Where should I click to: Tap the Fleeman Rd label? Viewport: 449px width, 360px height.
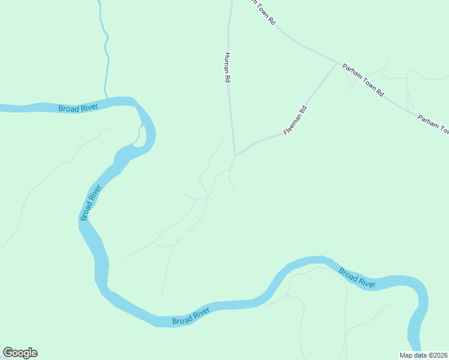coord(295,119)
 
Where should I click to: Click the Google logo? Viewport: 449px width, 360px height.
coord(20,353)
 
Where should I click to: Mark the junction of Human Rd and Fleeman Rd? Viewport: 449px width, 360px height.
coord(235,155)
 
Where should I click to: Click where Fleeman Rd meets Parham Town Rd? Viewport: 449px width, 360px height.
coord(337,62)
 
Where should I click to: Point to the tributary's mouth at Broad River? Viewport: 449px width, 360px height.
coord(107,97)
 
